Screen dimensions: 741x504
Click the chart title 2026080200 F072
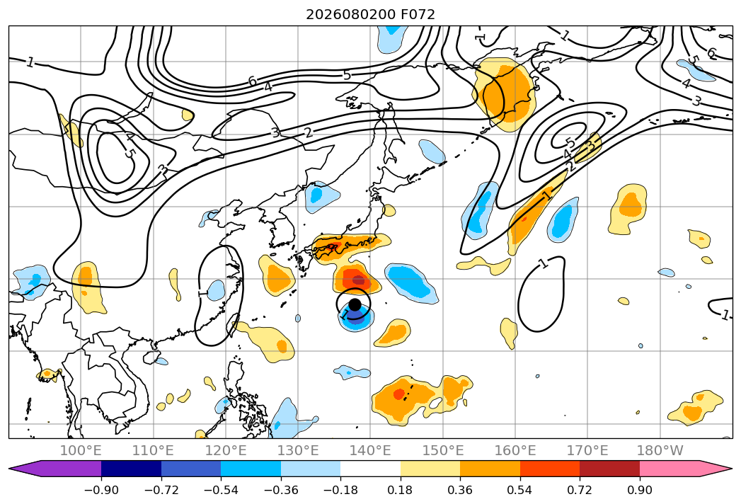[x=371, y=14]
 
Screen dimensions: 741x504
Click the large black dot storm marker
[x=355, y=304]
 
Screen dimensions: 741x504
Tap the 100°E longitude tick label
[x=81, y=450]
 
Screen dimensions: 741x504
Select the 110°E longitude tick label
[x=153, y=450]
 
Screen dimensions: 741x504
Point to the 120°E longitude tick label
[x=226, y=450]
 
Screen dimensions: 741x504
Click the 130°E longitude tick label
[x=298, y=450]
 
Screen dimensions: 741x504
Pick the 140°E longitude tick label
[x=370, y=450]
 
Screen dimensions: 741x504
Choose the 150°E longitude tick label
[x=443, y=450]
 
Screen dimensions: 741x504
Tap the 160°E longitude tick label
[x=515, y=450]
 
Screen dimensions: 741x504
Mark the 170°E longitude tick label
[x=587, y=450]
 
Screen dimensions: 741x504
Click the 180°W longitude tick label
[x=660, y=450]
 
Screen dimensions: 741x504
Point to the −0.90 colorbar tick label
[x=101, y=490]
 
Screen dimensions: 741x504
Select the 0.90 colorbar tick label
[x=639, y=490]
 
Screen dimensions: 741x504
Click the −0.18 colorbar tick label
[x=340, y=490]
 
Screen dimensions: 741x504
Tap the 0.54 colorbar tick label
[x=520, y=490]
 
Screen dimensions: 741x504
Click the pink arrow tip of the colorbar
[x=732, y=468]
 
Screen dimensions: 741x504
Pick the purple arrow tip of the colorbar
[x=9, y=468]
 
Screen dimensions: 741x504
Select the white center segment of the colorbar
[x=371, y=468]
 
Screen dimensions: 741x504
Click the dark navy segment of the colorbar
[x=131, y=468]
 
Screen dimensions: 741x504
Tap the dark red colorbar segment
[x=609, y=468]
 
